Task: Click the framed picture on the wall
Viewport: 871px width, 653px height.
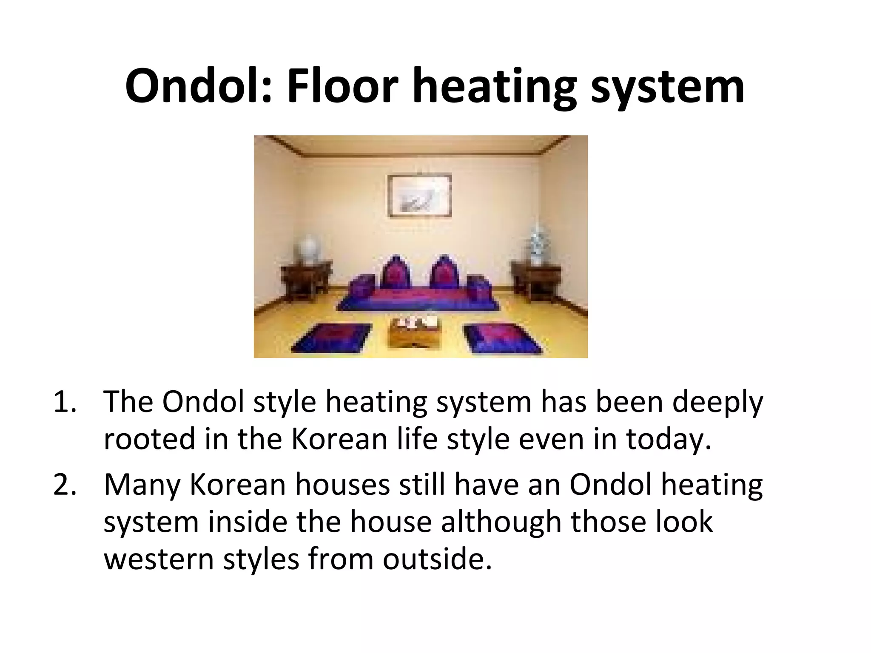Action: click(419, 196)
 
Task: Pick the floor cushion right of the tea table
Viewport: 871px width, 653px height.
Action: click(502, 338)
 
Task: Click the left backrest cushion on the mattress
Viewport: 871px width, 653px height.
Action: click(396, 272)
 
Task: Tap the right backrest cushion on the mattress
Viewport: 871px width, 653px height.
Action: click(444, 272)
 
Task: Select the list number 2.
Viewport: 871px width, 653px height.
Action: click(65, 485)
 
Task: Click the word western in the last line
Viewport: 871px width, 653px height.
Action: click(159, 559)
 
